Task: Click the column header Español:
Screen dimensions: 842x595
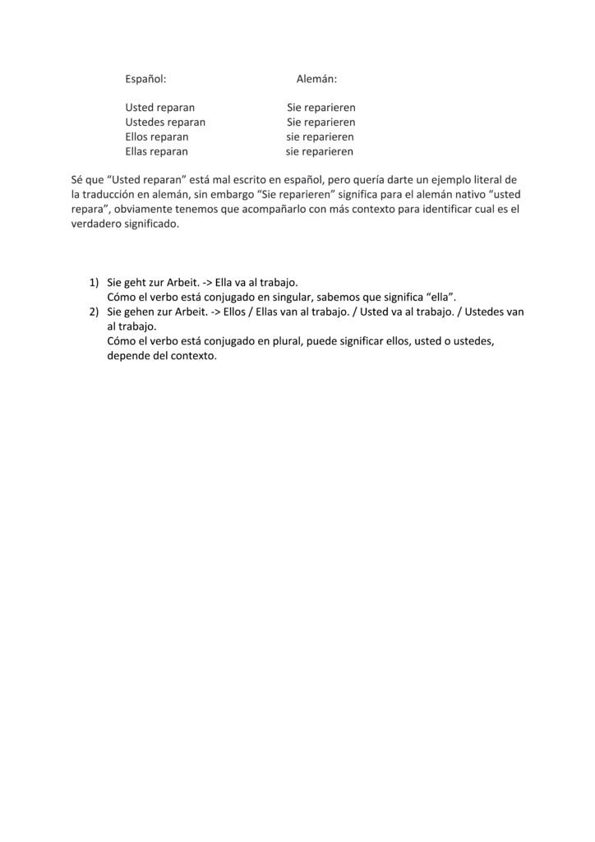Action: tap(145, 80)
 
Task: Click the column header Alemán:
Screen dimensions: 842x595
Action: tap(316, 80)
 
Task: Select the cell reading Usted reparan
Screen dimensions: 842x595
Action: tap(159, 108)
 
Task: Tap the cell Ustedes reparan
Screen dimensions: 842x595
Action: tap(165, 123)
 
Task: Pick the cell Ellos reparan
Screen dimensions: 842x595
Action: tap(156, 136)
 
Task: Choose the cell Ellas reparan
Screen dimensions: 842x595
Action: tap(156, 151)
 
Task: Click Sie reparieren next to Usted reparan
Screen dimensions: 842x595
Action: tap(321, 108)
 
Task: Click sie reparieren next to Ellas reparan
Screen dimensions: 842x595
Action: tap(320, 151)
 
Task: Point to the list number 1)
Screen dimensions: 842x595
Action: tap(95, 282)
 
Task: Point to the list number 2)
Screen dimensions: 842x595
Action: tap(95, 312)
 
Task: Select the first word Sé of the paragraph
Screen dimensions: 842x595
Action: tap(78, 179)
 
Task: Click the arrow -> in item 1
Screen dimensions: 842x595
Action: tap(205, 282)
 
